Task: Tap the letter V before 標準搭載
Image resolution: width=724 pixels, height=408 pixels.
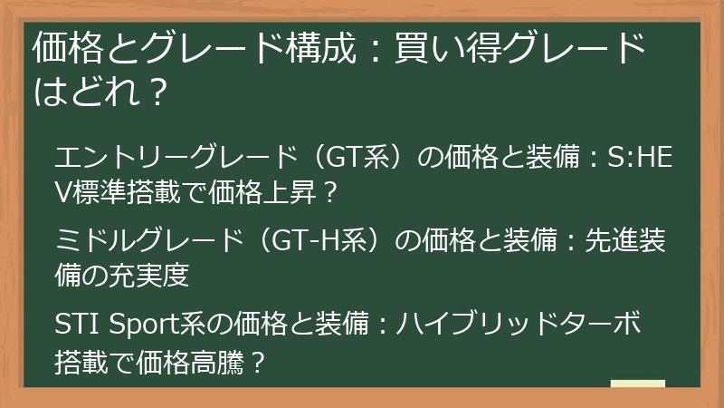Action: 63,192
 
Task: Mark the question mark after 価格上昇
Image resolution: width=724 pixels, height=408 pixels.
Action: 330,192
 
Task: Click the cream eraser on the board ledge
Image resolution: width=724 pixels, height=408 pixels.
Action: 638,384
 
